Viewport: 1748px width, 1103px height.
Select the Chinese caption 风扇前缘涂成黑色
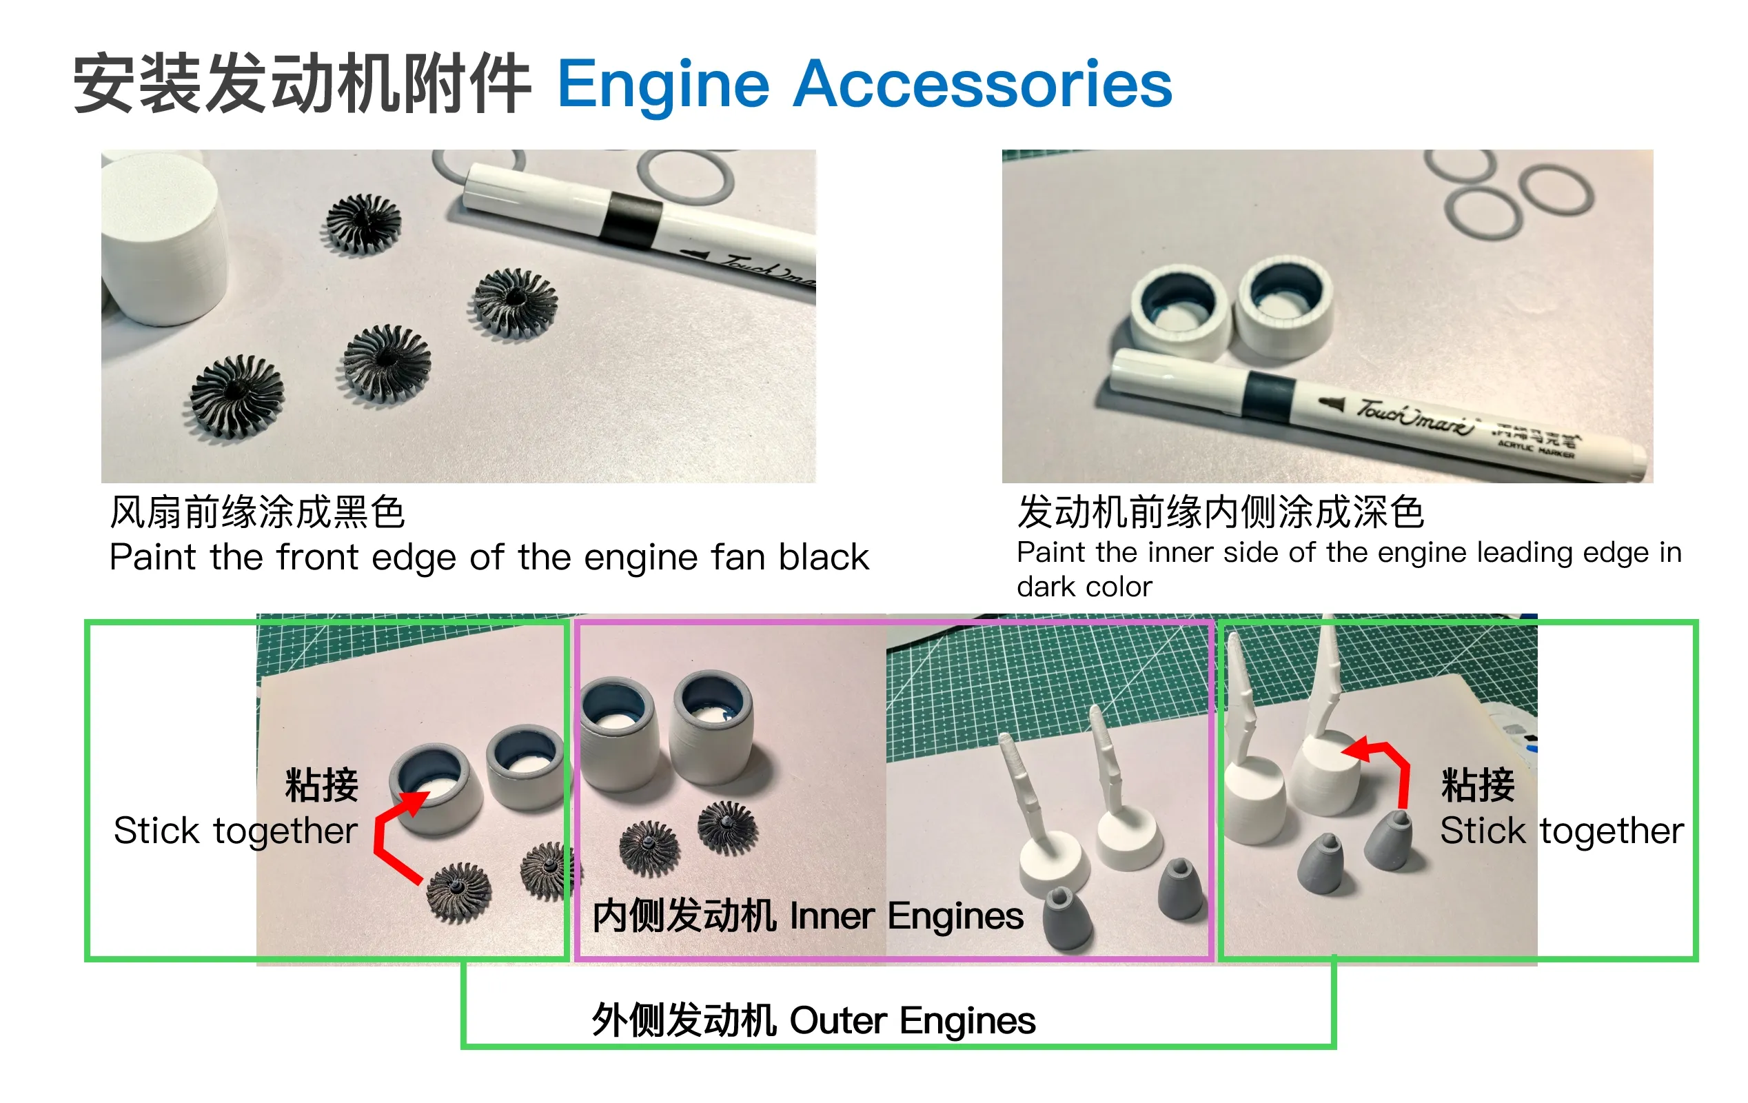click(x=257, y=512)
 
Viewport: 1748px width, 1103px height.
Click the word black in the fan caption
click(x=823, y=557)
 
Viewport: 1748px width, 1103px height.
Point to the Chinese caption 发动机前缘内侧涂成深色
click(x=1220, y=512)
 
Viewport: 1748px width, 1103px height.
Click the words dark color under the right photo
click(x=1084, y=587)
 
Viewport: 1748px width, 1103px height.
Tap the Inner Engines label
click(x=906, y=915)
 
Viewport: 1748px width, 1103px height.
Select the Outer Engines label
click(x=913, y=1020)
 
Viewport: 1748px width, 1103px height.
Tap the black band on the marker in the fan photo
click(x=630, y=220)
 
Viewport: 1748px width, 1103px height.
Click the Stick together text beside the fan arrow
click(x=235, y=831)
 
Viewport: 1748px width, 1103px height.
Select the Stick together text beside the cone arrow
click(x=1562, y=831)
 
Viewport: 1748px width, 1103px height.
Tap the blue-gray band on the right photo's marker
click(x=1269, y=395)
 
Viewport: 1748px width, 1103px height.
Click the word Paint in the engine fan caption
click(x=152, y=557)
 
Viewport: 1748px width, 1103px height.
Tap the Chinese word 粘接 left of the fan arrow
click(x=322, y=785)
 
